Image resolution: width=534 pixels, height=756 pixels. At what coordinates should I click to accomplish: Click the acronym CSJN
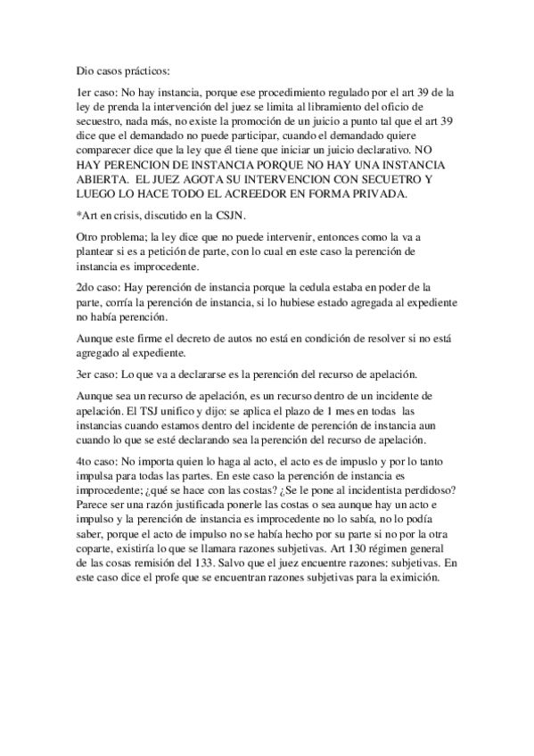click(226, 215)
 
